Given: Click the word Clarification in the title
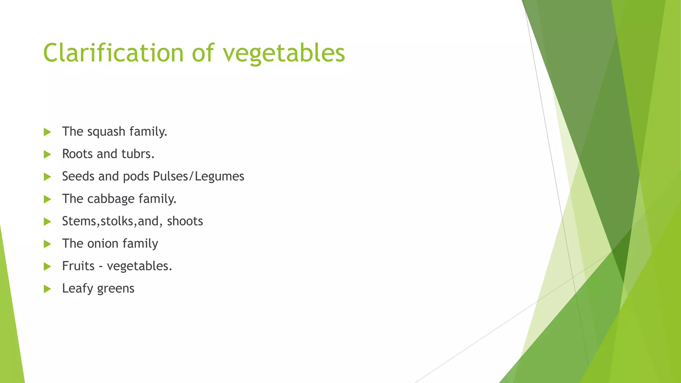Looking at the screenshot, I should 113,53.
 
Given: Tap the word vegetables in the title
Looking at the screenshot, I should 284,54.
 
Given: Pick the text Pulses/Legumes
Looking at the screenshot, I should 199,177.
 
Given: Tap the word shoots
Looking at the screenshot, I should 185,221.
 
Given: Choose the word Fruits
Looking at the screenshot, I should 78,266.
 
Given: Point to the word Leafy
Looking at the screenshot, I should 77,289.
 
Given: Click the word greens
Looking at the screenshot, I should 116,289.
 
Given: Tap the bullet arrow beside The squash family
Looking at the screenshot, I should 47,132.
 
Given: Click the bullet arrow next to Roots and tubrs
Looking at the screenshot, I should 47,154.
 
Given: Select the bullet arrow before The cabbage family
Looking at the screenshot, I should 47,199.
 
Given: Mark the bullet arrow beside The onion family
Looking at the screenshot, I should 47,244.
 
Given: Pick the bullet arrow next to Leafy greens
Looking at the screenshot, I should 47,289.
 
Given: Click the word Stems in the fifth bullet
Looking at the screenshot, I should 79,221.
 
